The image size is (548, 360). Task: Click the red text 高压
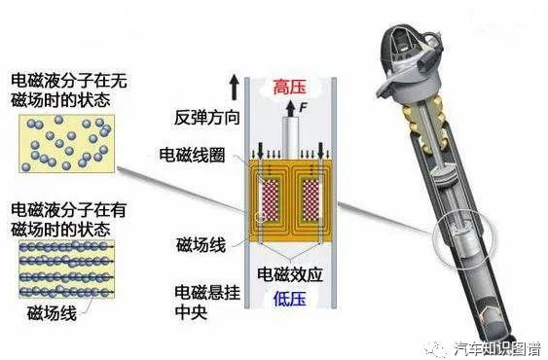click(x=289, y=87)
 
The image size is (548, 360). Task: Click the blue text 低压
click(x=290, y=299)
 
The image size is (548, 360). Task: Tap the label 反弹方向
click(x=207, y=118)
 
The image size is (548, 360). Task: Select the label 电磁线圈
click(x=192, y=155)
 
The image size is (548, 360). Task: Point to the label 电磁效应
click(x=290, y=274)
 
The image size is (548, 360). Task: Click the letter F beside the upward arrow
click(x=303, y=107)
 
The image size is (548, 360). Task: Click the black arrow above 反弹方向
click(x=235, y=89)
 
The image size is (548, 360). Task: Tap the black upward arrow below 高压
click(x=290, y=108)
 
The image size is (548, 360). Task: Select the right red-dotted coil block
click(x=311, y=201)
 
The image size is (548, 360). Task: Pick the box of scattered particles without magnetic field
click(x=66, y=143)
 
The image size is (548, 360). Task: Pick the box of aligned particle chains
click(x=66, y=270)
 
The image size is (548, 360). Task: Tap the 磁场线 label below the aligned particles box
click(x=52, y=313)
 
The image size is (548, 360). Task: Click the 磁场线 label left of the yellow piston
click(x=201, y=244)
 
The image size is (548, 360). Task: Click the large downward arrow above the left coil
click(x=260, y=151)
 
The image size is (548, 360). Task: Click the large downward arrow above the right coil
click(x=320, y=151)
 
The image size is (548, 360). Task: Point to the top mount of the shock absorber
click(x=410, y=63)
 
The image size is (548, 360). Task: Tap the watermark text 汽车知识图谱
click(x=497, y=349)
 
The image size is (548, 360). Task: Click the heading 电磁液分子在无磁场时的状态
click(x=69, y=90)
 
